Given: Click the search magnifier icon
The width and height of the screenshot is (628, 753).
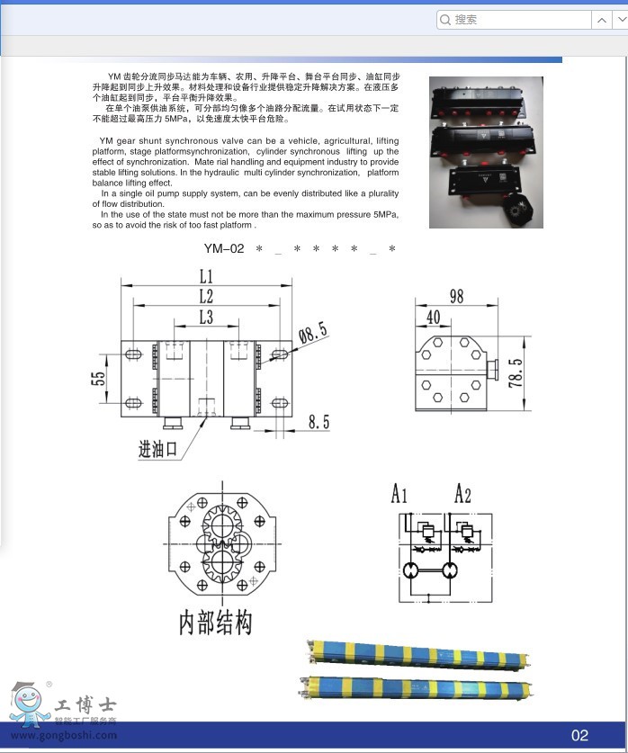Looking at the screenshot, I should pyautogui.click(x=445, y=20).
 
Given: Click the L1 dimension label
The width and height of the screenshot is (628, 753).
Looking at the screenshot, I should pyautogui.click(x=206, y=275).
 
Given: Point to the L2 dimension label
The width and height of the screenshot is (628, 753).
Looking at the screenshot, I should pyautogui.click(x=206, y=296).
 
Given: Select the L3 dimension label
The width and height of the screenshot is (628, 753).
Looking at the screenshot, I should pyautogui.click(x=206, y=317).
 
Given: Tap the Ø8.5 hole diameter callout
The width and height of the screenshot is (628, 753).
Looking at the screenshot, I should pyautogui.click(x=312, y=335).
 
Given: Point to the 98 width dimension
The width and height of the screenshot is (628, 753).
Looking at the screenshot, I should pyautogui.click(x=456, y=296).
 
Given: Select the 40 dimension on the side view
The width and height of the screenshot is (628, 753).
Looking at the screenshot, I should pyautogui.click(x=433, y=317).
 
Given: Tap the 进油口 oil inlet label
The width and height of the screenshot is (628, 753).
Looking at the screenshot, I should pyautogui.click(x=158, y=449).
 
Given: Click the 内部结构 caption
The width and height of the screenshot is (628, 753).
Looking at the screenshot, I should pyautogui.click(x=215, y=623).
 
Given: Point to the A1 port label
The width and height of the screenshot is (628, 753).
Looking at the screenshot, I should pyautogui.click(x=400, y=493).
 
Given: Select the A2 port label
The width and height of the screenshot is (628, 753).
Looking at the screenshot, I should pyautogui.click(x=462, y=493).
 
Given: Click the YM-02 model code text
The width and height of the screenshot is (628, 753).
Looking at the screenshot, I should pyautogui.click(x=224, y=248).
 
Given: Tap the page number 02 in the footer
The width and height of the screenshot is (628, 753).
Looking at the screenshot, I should pyautogui.click(x=579, y=735).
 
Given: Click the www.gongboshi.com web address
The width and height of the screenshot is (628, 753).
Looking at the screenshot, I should pyautogui.click(x=64, y=735).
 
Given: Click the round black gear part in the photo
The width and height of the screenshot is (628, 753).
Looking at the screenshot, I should pyautogui.click(x=519, y=211).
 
